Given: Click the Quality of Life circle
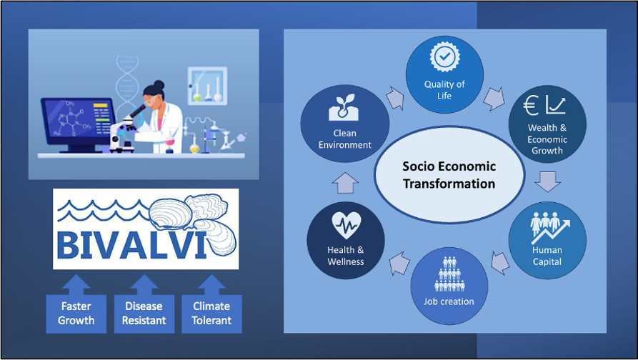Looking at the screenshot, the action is [x=444, y=74].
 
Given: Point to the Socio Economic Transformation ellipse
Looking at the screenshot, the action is [x=449, y=175].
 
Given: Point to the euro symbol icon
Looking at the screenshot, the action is [x=532, y=106].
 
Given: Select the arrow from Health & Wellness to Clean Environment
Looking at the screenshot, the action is [x=344, y=184].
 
